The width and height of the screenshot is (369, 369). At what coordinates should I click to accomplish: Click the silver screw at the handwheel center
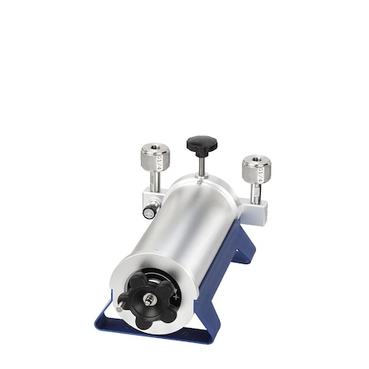pos(148,300)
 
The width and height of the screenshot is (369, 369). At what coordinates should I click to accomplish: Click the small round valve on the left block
pos(148,212)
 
